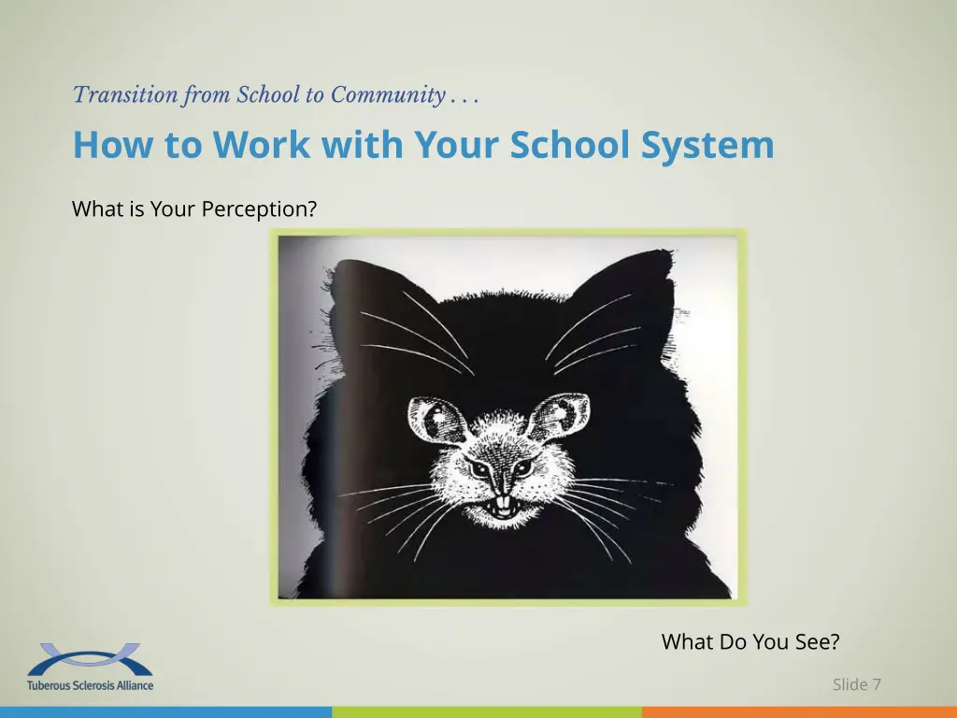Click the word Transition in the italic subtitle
[112, 95]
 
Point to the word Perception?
[255, 210]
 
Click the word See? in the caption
[815, 642]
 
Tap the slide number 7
[877, 684]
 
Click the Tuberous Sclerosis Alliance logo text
[91, 685]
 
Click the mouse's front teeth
[502, 506]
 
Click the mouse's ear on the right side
[561, 416]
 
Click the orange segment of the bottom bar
[799, 712]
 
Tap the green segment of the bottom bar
[486, 712]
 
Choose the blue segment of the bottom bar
[165, 712]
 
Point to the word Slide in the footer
[850, 684]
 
